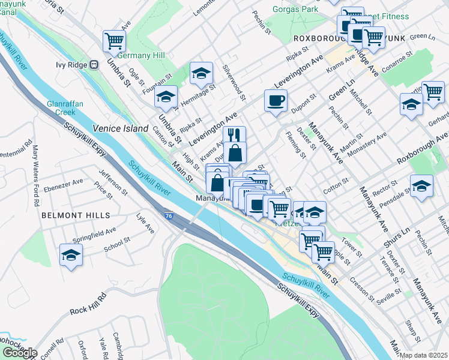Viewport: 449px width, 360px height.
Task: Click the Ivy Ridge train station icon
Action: click(x=94, y=64)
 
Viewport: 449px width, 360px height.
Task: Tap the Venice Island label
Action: click(x=120, y=128)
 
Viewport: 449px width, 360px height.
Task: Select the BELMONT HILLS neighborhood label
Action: click(x=76, y=215)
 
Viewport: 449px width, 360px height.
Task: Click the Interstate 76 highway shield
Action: click(x=170, y=212)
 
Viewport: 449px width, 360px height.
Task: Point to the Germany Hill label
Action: click(x=141, y=55)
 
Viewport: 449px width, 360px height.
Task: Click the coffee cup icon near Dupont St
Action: click(x=276, y=101)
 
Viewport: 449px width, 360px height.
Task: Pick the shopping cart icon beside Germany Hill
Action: click(x=113, y=41)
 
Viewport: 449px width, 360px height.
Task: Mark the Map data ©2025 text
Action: click(x=424, y=355)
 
